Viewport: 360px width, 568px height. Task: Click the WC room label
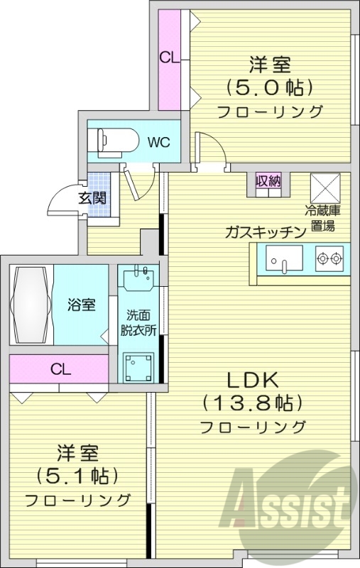click(x=158, y=141)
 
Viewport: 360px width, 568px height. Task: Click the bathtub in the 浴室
click(x=31, y=304)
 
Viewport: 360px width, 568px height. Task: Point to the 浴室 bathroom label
click(x=82, y=305)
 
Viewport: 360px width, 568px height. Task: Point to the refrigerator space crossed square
click(x=327, y=187)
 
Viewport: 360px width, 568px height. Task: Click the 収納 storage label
click(x=268, y=181)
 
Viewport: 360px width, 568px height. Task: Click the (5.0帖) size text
click(x=270, y=89)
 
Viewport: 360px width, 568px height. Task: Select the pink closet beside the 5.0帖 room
click(x=169, y=58)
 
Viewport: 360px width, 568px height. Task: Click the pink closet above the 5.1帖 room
click(x=60, y=369)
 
